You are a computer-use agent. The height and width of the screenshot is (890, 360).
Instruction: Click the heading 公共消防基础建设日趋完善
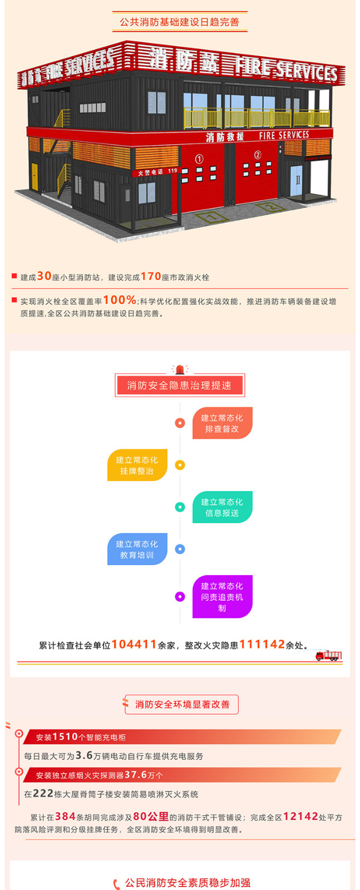pyautogui.click(x=180, y=22)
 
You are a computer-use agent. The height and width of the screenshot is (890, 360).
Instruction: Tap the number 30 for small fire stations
pyautogui.click(x=44, y=276)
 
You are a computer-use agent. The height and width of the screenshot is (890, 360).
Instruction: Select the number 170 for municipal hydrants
pyautogui.click(x=151, y=276)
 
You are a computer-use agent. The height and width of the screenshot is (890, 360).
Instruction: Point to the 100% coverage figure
pyautogui.click(x=120, y=299)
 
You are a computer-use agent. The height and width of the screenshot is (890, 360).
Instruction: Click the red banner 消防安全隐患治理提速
pyautogui.click(x=180, y=385)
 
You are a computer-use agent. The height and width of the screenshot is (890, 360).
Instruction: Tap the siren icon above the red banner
pyautogui.click(x=180, y=369)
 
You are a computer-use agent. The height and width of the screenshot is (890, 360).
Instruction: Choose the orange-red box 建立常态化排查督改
pyautogui.click(x=222, y=423)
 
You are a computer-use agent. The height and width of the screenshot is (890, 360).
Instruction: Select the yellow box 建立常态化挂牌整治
pyautogui.click(x=137, y=465)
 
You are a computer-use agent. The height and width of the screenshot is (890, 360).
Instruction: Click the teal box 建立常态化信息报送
pyautogui.click(x=222, y=507)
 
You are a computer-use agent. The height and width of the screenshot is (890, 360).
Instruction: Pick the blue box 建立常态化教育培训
pyautogui.click(x=137, y=549)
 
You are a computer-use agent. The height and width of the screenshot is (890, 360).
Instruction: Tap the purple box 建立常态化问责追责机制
pyautogui.click(x=222, y=596)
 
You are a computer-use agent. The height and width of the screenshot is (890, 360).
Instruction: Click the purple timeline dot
pyautogui.click(x=180, y=596)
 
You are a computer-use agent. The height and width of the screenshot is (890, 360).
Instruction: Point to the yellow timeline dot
pyautogui.click(x=180, y=465)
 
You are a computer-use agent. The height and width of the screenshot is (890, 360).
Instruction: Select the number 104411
pyautogui.click(x=134, y=644)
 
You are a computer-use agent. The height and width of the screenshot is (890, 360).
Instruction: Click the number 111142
pyautogui.click(x=262, y=644)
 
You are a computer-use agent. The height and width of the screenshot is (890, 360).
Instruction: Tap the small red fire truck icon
pyautogui.click(x=328, y=656)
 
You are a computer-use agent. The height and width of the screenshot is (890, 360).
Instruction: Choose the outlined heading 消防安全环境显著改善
pyautogui.click(x=182, y=704)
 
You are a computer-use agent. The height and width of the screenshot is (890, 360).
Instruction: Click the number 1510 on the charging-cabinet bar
pyautogui.click(x=65, y=736)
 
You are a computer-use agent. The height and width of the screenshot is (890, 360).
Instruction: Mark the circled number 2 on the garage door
pyautogui.click(x=258, y=155)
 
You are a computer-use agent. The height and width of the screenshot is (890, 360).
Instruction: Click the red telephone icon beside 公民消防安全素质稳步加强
pyautogui.click(x=116, y=884)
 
